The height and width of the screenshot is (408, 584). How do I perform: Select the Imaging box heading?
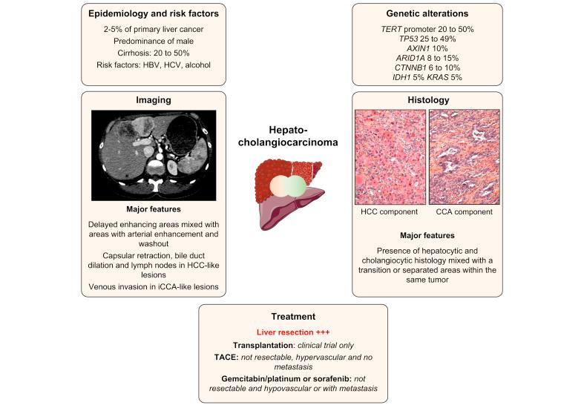[153, 100]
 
